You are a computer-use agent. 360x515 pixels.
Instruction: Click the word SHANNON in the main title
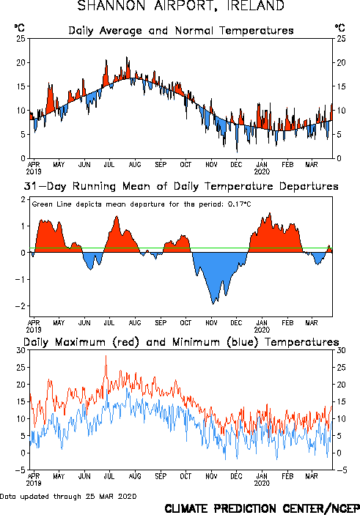[111, 6]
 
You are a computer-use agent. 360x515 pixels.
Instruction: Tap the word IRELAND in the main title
[256, 6]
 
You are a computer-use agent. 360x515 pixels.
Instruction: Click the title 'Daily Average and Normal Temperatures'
[181, 31]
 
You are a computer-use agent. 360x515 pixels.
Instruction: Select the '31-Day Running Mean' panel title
[181, 186]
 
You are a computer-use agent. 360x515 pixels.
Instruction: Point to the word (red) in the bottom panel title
[126, 342]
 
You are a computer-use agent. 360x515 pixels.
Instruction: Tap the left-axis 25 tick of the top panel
[21, 38]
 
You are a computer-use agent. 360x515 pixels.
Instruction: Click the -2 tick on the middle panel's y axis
[21, 305]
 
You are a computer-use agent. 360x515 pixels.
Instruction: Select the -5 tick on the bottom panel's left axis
[21, 470]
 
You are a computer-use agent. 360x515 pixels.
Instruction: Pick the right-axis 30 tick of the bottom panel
[341, 350]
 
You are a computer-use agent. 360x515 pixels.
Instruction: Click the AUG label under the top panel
[135, 165]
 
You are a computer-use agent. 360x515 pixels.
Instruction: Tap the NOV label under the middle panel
[211, 323]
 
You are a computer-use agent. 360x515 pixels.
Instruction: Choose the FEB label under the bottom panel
[287, 476]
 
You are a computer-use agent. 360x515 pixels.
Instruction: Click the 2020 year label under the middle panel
[262, 330]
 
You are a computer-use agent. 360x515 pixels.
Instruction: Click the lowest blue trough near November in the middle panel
[213, 304]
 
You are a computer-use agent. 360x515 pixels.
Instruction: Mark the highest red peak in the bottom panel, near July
[106, 356]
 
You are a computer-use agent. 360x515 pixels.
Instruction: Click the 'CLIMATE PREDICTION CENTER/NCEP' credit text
[262, 508]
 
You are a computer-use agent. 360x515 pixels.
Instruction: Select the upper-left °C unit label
[19, 28]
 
